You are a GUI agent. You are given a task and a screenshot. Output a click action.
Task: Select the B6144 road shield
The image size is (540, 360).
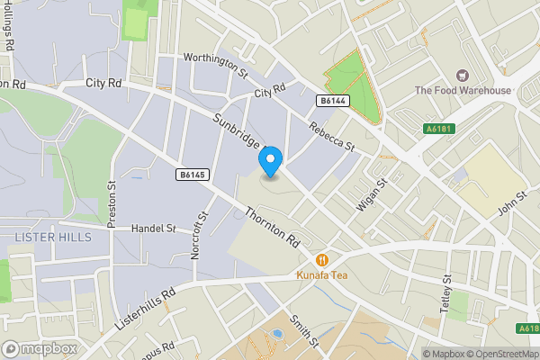[331, 103]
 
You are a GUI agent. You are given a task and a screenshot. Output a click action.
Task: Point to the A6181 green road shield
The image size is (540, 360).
[438, 130]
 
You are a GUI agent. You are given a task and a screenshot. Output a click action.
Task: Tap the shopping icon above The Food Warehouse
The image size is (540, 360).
[463, 76]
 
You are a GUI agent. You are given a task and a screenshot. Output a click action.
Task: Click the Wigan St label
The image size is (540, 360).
[370, 194]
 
